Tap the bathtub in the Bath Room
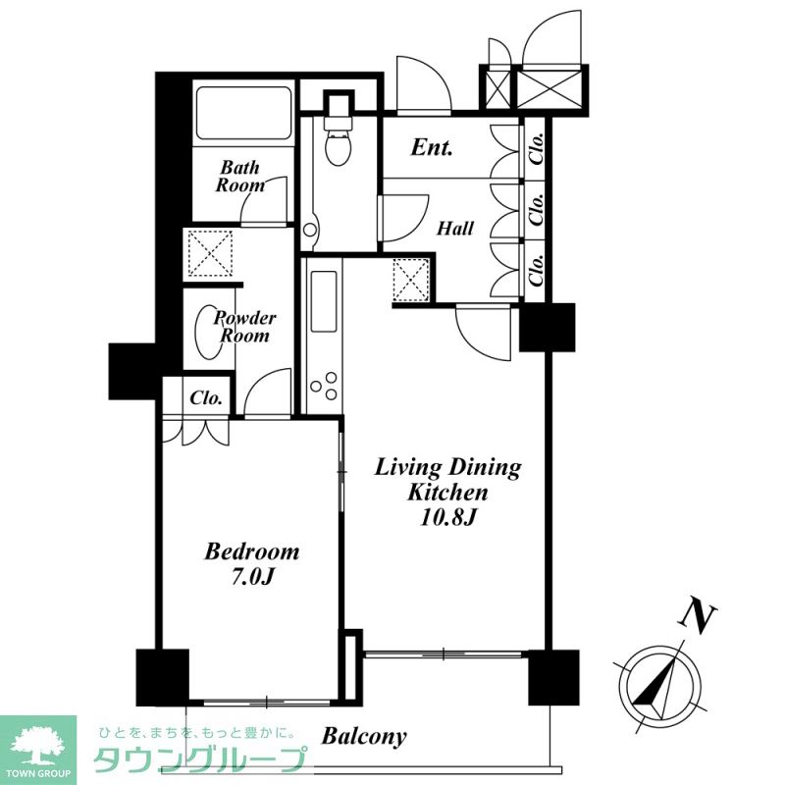click(x=243, y=114)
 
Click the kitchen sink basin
click(x=324, y=301)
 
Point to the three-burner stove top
click(x=324, y=386)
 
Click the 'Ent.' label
click(x=432, y=147)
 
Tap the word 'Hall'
click(x=455, y=229)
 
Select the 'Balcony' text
click(x=364, y=736)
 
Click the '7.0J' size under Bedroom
click(x=253, y=577)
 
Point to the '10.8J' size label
click(x=447, y=517)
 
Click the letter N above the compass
click(x=698, y=615)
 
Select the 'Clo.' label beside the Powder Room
click(x=206, y=398)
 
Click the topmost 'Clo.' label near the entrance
click(x=537, y=149)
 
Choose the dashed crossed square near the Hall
click(x=411, y=280)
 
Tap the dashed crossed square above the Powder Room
click(x=210, y=253)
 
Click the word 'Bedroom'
click(x=252, y=551)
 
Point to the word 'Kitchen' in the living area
click(x=447, y=493)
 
